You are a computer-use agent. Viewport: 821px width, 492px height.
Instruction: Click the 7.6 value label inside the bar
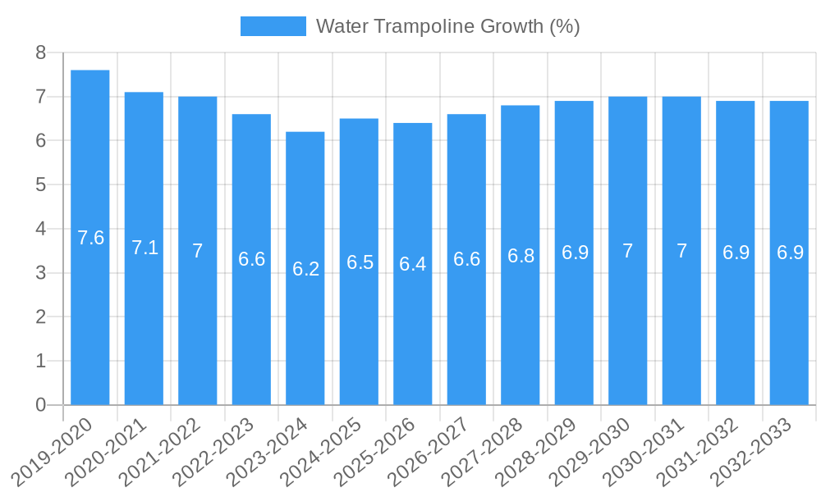click(90, 238)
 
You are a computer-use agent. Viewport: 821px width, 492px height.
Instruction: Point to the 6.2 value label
click(305, 269)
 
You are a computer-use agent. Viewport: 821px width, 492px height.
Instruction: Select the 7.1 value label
click(144, 248)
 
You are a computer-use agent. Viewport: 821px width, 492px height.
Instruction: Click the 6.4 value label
click(413, 264)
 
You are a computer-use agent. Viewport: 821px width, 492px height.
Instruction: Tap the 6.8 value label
click(521, 256)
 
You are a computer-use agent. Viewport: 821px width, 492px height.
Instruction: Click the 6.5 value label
click(360, 262)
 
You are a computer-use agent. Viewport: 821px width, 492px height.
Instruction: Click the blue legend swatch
click(273, 26)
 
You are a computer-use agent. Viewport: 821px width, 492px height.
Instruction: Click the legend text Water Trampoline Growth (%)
click(447, 26)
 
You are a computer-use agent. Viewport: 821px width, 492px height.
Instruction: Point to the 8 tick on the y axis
click(40, 52)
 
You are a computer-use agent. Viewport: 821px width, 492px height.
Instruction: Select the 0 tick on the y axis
click(40, 405)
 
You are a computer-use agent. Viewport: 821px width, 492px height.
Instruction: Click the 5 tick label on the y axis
click(40, 184)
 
